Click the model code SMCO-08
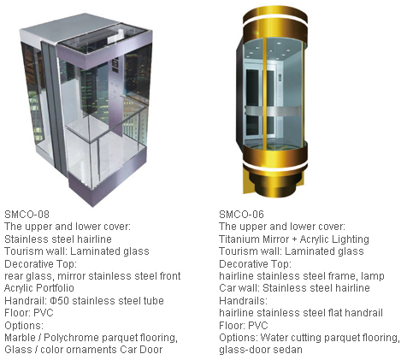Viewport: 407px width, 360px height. pyautogui.click(x=27, y=214)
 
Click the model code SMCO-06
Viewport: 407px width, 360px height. pyautogui.click(x=241, y=214)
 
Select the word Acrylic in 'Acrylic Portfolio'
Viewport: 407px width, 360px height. pyautogui.click(x=19, y=288)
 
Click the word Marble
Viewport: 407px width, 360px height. pyautogui.click(x=19, y=338)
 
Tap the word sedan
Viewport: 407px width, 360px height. pyautogui.click(x=288, y=350)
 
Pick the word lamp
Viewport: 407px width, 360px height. pyautogui.click(x=373, y=276)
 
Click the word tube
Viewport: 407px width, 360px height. pyautogui.click(x=153, y=301)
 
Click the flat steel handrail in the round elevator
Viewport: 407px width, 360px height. pyautogui.click(x=273, y=111)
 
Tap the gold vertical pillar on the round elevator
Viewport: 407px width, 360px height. pyautogui.click(x=265, y=94)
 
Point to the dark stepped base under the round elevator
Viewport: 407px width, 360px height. pyautogui.click(x=274, y=182)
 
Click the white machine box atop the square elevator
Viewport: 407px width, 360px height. pyautogui.click(x=116, y=34)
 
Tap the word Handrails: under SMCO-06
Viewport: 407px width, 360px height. pyautogui.click(x=243, y=301)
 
